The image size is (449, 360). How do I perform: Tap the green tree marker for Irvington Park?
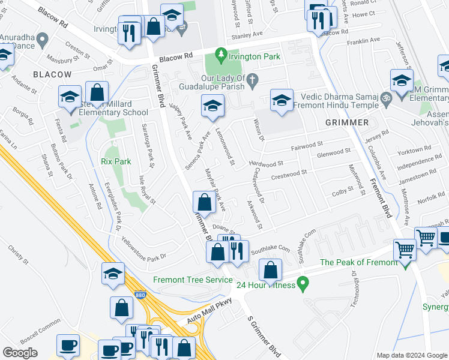(221, 55)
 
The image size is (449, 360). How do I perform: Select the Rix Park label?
(116, 161)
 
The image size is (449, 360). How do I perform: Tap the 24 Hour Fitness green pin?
(303, 281)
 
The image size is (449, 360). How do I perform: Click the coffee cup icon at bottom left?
(68, 345)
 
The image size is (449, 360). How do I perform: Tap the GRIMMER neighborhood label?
(347, 122)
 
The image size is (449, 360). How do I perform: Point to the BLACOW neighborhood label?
(52, 74)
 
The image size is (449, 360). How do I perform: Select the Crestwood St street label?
(289, 174)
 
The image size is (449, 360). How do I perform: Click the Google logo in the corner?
(20, 353)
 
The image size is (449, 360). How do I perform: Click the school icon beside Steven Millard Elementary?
(70, 97)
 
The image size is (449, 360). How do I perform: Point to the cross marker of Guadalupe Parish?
(253, 79)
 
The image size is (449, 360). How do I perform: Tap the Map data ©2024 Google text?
(412, 355)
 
